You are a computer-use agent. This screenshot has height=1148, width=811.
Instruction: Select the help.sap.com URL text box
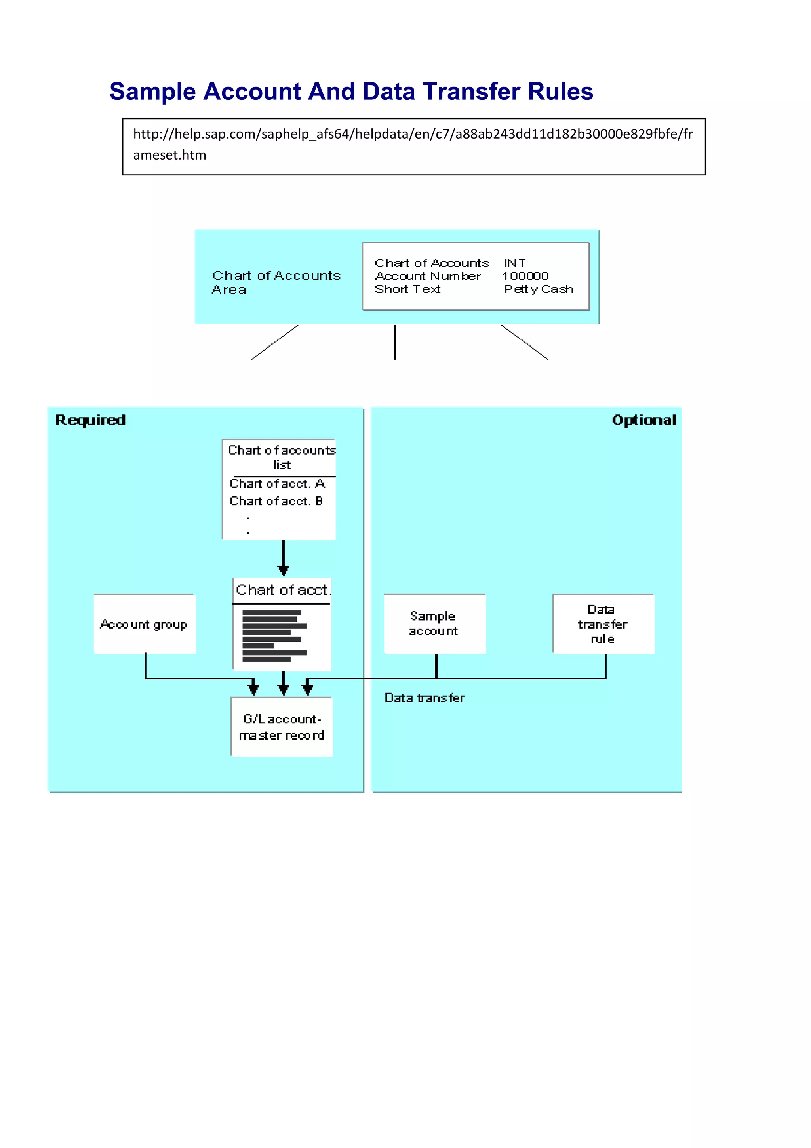[413, 147]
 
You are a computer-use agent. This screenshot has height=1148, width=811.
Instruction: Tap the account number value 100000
[525, 276]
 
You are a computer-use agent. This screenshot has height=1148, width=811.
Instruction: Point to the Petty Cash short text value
[538, 289]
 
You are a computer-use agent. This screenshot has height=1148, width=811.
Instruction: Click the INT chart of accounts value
[515, 263]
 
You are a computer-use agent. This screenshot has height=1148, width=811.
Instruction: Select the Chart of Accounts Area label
[276, 282]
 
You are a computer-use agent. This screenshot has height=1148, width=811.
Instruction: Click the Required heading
[90, 420]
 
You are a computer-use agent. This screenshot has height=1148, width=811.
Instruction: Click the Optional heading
[643, 420]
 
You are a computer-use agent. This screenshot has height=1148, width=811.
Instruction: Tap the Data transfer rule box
[603, 624]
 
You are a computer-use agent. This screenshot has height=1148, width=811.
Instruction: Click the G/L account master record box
[281, 727]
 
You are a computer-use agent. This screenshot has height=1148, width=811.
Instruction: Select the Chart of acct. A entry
[277, 484]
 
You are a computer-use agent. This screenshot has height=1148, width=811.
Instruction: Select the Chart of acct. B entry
[276, 501]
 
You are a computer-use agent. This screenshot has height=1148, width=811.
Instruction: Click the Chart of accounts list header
[281, 457]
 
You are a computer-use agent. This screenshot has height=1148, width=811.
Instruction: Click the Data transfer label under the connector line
[424, 698]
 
